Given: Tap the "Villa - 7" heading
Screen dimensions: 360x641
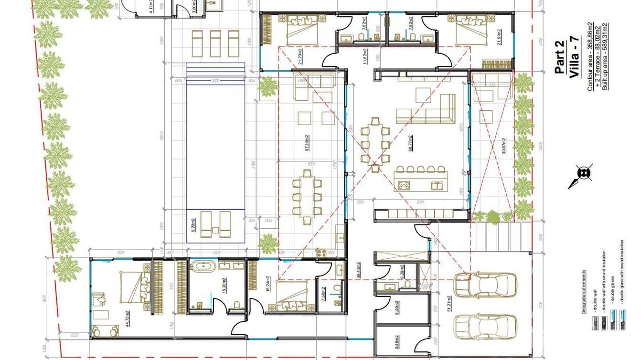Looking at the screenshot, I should (x=574, y=57).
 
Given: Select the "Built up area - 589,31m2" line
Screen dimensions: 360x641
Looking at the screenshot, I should (x=605, y=56).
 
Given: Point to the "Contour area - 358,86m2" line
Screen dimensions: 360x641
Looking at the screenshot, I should (x=590, y=56).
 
